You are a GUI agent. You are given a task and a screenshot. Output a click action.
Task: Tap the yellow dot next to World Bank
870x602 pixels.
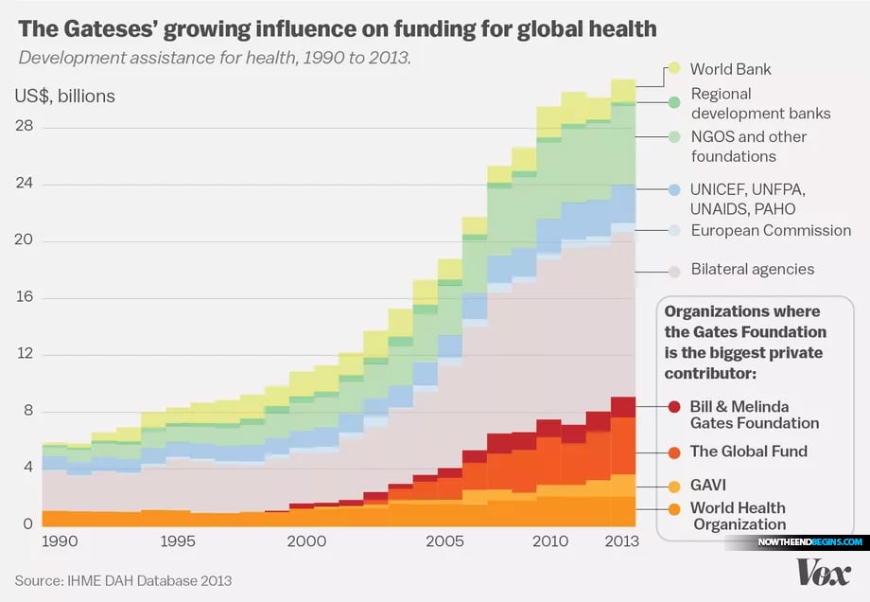click(x=674, y=68)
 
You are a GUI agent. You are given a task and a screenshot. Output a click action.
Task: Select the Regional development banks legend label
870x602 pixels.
click(x=760, y=103)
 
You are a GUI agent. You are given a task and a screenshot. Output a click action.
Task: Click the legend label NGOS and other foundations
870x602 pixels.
click(x=748, y=146)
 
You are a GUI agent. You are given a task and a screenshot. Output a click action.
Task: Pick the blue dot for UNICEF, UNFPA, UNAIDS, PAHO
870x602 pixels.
click(x=674, y=189)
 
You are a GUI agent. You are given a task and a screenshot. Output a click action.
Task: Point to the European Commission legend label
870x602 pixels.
click(x=771, y=230)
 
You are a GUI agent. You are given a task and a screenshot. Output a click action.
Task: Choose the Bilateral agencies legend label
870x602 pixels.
click(x=752, y=269)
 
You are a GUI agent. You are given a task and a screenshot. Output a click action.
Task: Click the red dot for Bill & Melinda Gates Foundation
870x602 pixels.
click(x=674, y=406)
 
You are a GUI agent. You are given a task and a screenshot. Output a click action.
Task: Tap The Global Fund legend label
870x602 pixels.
click(x=749, y=451)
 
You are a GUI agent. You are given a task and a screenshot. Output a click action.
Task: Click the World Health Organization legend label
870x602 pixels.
click(x=738, y=516)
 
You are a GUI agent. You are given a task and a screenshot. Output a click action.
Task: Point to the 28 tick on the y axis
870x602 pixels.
click(x=25, y=127)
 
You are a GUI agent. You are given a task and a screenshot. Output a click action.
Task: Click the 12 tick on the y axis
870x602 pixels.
click(x=25, y=354)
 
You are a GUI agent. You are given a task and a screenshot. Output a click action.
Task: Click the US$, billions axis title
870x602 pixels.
click(x=64, y=96)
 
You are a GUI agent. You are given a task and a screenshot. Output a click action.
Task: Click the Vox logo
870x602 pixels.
click(x=823, y=572)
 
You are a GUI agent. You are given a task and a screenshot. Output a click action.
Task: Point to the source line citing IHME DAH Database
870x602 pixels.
click(x=123, y=579)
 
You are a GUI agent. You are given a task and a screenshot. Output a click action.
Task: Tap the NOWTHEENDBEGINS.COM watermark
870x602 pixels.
click(x=809, y=542)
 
